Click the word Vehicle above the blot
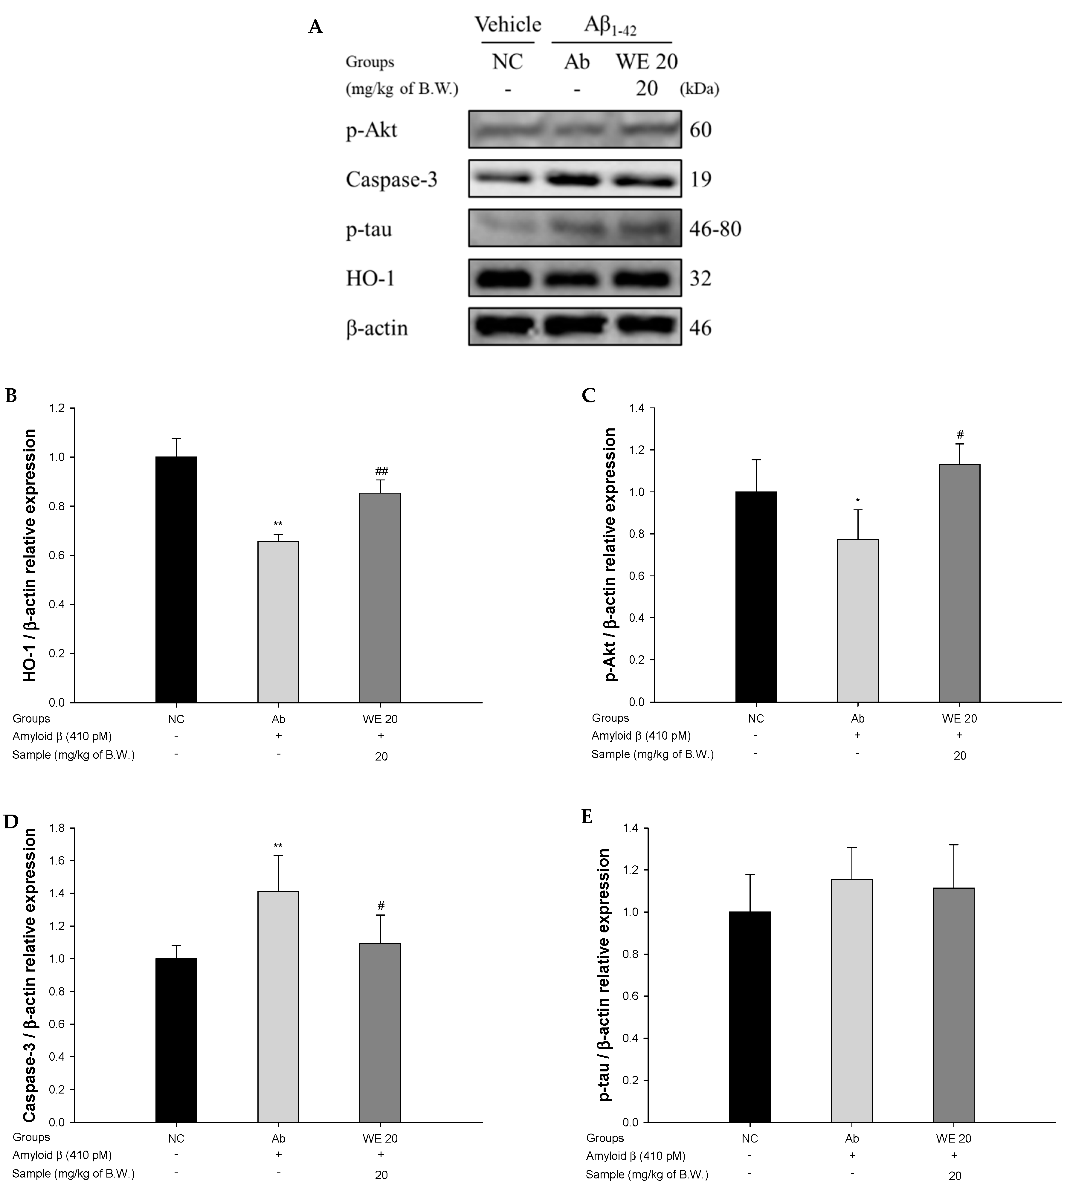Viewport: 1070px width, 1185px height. (x=508, y=25)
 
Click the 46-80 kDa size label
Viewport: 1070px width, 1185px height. (x=715, y=229)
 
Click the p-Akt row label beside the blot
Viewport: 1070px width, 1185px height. (x=372, y=130)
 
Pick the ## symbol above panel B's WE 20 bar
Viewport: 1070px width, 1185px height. (x=381, y=471)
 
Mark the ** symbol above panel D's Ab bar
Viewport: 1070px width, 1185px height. (x=278, y=846)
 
